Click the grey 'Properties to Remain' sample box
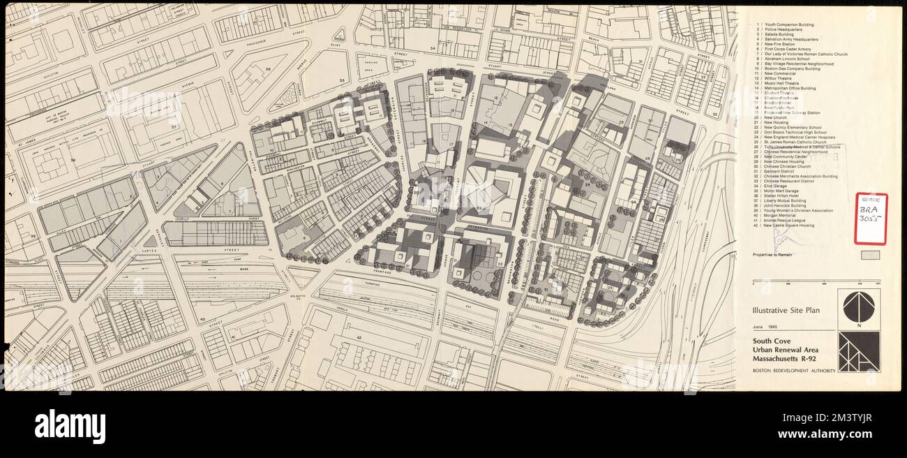tap(870, 256)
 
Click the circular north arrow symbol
tap(857, 307)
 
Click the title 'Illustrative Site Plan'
tap(786, 310)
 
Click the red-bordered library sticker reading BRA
tap(870, 219)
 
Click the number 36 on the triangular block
tap(268, 69)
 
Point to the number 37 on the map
tap(173, 128)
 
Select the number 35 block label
tap(342, 81)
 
